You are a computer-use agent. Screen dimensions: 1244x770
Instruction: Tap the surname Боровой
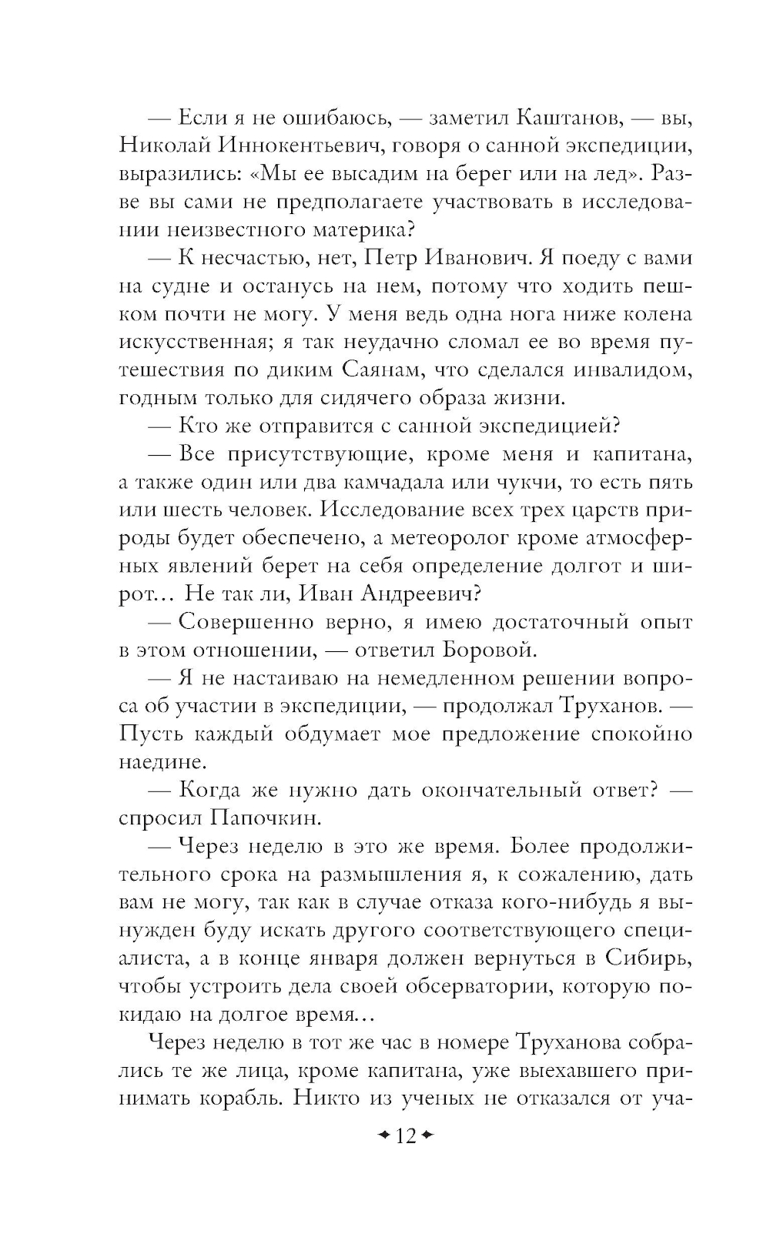[489, 649]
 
